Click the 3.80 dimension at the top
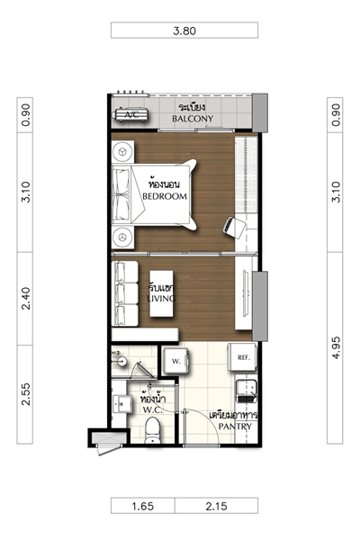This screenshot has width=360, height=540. pos(184,31)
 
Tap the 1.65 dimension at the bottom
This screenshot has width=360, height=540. pos(142,506)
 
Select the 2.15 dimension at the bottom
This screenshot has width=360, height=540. pos(216,506)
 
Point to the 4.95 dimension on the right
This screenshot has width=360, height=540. pos(336,347)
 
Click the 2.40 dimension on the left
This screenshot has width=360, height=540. pos(25,298)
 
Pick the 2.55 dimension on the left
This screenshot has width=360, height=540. pos(25,394)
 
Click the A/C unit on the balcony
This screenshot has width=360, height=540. pos(132,114)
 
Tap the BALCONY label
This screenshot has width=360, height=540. pos(193,119)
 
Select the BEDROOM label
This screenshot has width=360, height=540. pos(165,196)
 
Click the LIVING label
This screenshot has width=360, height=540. pos(161,298)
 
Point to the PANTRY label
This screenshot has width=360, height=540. pos(235,427)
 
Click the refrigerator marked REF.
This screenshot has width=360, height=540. pos(242,357)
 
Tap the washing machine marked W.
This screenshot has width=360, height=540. pos(176,361)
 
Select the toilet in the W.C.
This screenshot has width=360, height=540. pos(153,430)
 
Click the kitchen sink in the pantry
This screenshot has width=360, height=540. pos(246,391)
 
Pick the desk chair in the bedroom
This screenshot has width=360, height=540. pos(234,228)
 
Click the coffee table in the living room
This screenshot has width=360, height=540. pos(161,293)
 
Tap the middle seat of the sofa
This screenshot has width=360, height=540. pos(126,293)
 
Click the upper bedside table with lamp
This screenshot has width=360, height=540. pos(122,151)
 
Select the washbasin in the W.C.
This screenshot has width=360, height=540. pos(122,403)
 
